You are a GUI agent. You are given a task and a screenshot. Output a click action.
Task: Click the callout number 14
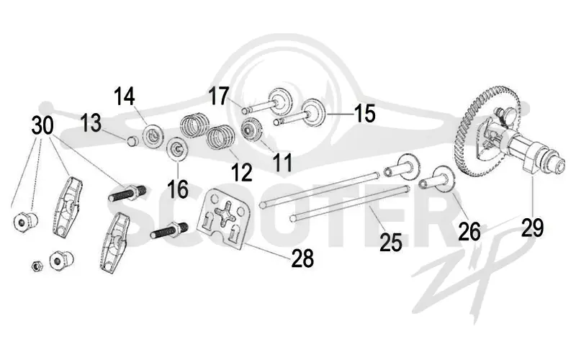(x=124, y=96)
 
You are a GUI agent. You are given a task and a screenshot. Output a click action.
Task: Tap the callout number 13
(x=91, y=122)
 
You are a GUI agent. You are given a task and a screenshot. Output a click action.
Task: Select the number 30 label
(x=42, y=125)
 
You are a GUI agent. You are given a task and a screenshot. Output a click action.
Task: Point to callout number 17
(x=220, y=96)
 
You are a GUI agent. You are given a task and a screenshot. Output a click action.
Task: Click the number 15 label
(x=364, y=114)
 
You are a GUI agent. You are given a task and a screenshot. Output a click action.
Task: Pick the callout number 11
(x=283, y=163)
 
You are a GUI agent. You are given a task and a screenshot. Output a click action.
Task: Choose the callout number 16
(x=178, y=189)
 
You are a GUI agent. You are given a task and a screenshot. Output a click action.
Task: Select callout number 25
(x=391, y=243)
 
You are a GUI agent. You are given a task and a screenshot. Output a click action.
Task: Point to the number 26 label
(x=469, y=231)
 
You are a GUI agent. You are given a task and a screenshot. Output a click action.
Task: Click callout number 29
(x=533, y=228)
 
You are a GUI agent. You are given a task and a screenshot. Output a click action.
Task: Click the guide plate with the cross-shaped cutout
(x=224, y=219)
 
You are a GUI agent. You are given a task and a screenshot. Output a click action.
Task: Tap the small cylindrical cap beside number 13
(x=132, y=140)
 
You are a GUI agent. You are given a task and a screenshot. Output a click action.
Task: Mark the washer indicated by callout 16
(x=178, y=149)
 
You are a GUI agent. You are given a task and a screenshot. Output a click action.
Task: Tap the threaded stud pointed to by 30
(x=128, y=193)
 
